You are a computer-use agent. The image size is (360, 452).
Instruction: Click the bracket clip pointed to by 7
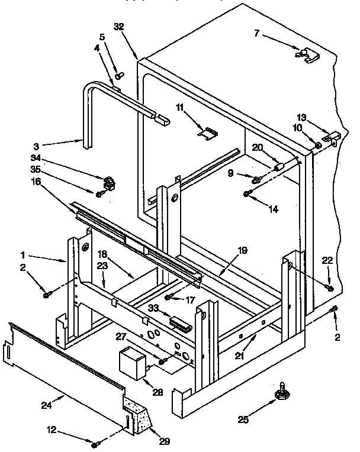306,54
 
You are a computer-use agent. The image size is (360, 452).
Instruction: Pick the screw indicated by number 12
95,442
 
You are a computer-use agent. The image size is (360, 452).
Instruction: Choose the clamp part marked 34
108,181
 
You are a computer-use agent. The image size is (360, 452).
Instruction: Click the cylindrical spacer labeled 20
278,168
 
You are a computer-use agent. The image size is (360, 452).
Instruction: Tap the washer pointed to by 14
246,194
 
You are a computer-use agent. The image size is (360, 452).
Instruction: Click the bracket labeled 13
335,137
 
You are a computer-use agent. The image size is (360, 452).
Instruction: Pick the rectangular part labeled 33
179,323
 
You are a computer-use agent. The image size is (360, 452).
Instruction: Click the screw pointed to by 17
169,296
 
